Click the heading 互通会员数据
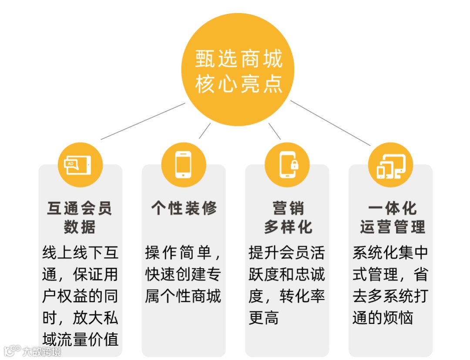pyautogui.click(x=80, y=217)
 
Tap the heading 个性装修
pyautogui.click(x=183, y=208)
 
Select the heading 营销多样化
pyautogui.click(x=287, y=217)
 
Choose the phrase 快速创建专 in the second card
pyautogui.click(x=183, y=274)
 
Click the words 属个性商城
pyautogui.click(x=183, y=296)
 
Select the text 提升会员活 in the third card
pyautogui.click(x=287, y=252)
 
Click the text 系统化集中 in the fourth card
pyautogui.click(x=390, y=252)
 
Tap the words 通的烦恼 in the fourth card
pyautogui.click(x=383, y=318)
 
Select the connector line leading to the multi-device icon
pyautogui.click(x=331, y=123)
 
